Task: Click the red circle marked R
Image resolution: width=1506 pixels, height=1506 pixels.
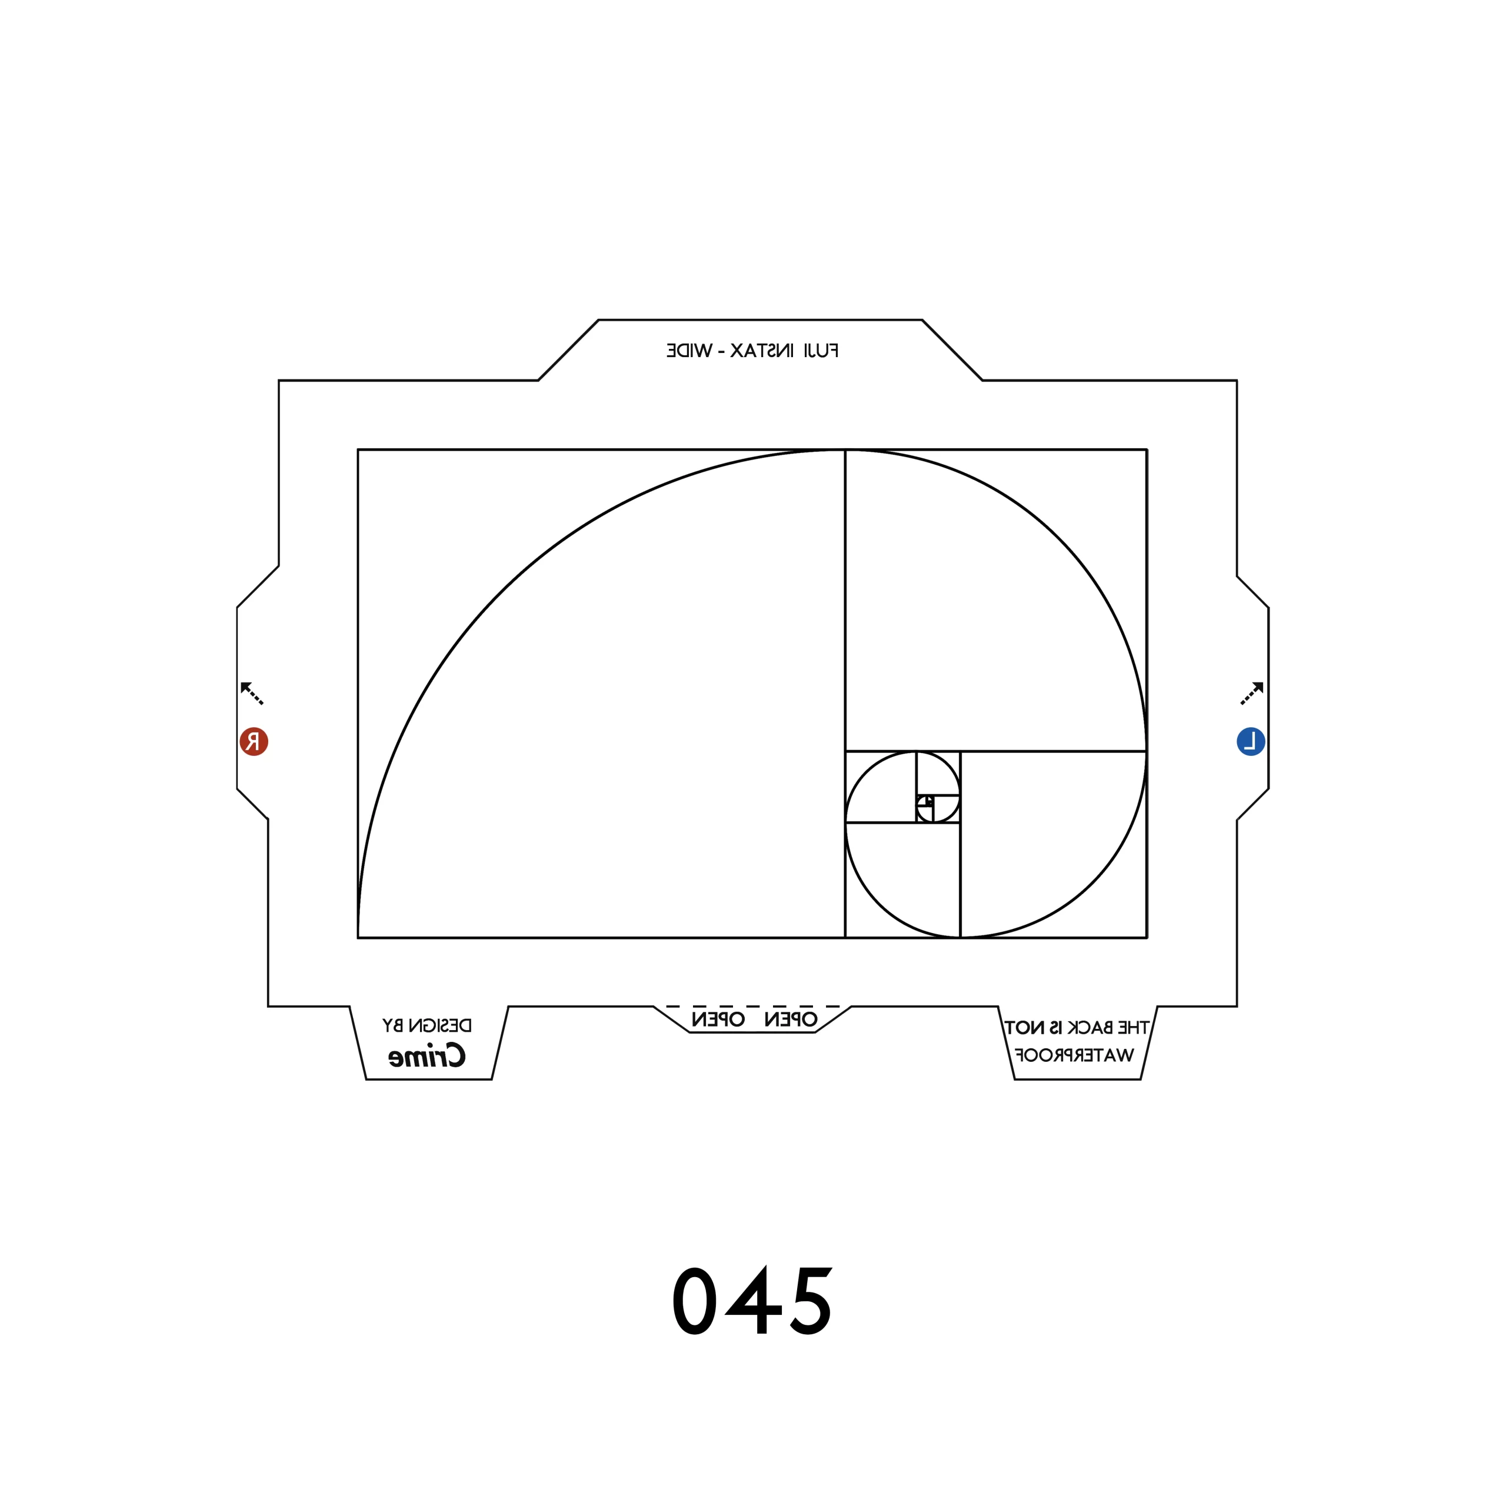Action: tap(254, 741)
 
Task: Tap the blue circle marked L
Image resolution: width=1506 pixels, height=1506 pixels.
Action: tap(1251, 741)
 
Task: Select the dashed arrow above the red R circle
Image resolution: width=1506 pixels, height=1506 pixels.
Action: tap(252, 693)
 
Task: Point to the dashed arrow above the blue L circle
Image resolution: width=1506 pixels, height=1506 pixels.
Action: tap(1252, 693)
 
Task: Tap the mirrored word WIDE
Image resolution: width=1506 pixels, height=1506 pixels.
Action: tap(689, 351)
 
